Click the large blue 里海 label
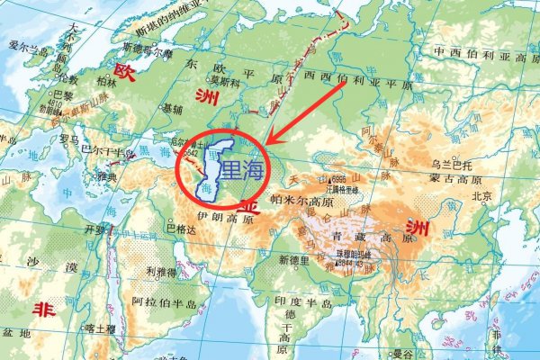point(243,168)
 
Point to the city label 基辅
point(170,108)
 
